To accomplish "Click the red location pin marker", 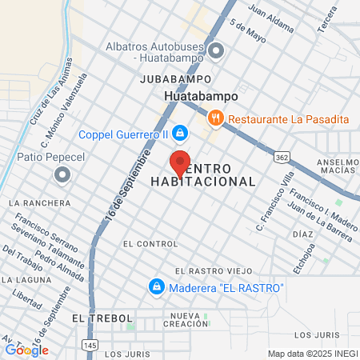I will [x=181, y=163].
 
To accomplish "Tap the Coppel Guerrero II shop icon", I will [x=181, y=132].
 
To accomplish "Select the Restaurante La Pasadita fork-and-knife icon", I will [x=215, y=119].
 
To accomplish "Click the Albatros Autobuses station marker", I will [x=215, y=52].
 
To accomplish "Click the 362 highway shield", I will [x=281, y=158].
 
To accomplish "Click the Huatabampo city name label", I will [x=201, y=96].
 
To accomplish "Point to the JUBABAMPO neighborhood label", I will [x=175, y=79].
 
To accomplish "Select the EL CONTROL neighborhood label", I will [x=150, y=242].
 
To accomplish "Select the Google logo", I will [x=26, y=350].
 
